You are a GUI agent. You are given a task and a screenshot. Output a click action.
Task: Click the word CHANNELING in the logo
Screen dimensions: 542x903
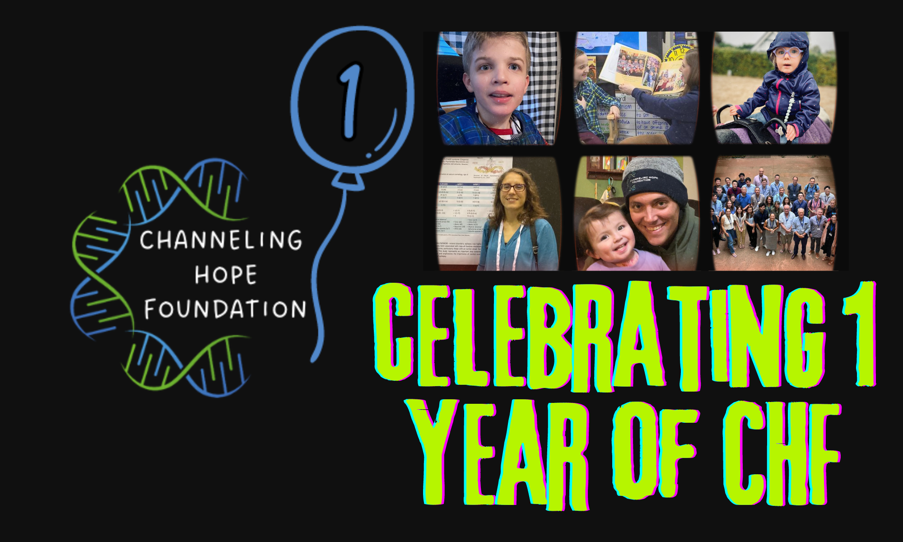tap(220, 240)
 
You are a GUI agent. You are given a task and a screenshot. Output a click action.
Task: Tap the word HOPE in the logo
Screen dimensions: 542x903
tap(226, 275)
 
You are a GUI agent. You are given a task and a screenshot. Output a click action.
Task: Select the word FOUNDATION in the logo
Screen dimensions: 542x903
tap(225, 309)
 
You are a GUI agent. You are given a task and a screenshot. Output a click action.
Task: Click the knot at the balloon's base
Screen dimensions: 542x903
tap(348, 179)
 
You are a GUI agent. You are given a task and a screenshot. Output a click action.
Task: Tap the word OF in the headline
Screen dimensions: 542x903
tap(655, 452)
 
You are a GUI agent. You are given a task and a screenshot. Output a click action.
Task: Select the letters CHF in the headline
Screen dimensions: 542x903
tap(781, 454)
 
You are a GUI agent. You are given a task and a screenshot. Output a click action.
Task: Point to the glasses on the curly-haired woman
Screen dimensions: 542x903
tap(513, 187)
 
